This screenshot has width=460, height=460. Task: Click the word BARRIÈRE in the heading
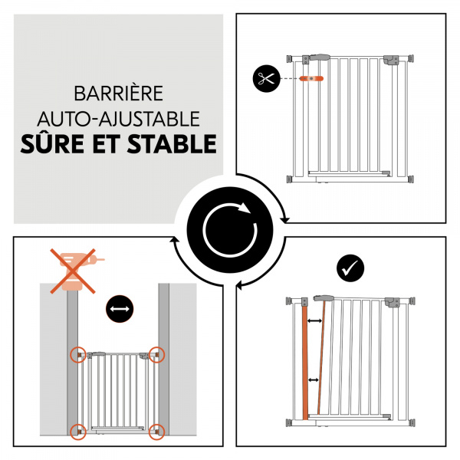118,94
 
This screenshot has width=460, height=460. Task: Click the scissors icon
266,78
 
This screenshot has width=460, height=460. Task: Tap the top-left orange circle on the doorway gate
78,354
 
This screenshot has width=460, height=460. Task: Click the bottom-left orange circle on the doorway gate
78,430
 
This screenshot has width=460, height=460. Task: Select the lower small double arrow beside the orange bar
314,379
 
